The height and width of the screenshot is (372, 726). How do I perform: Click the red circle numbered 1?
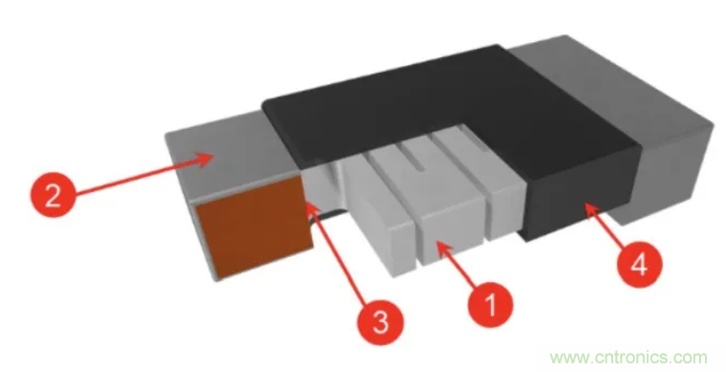pyautogui.click(x=491, y=305)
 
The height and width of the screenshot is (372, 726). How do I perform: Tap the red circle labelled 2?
pyautogui.click(x=53, y=195)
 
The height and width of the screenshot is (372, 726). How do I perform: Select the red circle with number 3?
pyautogui.click(x=380, y=322)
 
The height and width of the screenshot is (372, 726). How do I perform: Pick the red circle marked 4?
pyautogui.click(x=639, y=265)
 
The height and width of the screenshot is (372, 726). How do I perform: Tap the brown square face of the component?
pyautogui.click(x=254, y=228)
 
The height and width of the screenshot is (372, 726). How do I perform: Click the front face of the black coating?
pyautogui.click(x=582, y=197)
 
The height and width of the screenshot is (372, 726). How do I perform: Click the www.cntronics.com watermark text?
pyautogui.click(x=628, y=358)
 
